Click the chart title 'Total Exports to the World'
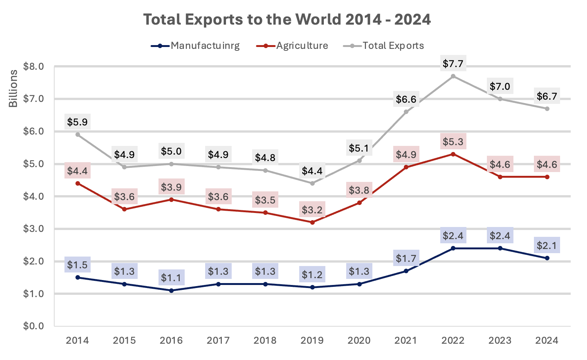click(x=287, y=19)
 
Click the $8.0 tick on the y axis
click(x=34, y=67)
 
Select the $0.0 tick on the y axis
click(x=34, y=326)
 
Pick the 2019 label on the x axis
click(x=312, y=341)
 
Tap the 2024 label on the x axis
click(x=547, y=341)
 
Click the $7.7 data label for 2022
click(x=453, y=64)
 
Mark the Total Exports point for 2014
click(x=78, y=135)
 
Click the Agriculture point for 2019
click(x=312, y=222)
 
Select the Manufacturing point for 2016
click(x=171, y=291)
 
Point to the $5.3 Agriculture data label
click(x=453, y=142)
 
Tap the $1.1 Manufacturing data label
click(x=171, y=278)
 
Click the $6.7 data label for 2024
click(x=547, y=96)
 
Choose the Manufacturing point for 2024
click(x=547, y=258)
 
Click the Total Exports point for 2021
click(x=406, y=112)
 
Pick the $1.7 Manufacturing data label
click(x=406, y=258)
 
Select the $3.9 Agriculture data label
click(x=171, y=187)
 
